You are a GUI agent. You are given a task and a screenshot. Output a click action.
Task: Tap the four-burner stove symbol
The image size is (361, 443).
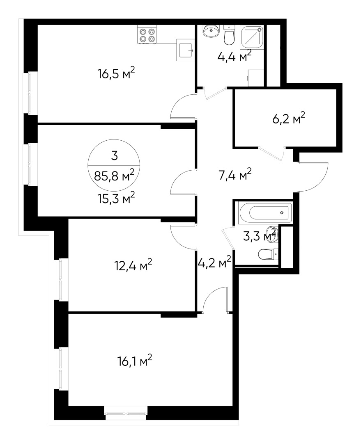click(x=147, y=35)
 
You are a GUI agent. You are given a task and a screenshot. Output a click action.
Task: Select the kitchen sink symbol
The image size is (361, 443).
click(x=186, y=50)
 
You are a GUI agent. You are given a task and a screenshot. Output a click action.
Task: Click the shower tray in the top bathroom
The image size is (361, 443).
click(x=251, y=37)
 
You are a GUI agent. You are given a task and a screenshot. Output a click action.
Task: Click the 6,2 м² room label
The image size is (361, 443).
click(x=288, y=119)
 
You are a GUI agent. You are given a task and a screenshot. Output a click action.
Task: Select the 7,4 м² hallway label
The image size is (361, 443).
click(x=234, y=175)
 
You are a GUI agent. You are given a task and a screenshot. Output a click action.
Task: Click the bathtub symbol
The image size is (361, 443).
click(x=265, y=212)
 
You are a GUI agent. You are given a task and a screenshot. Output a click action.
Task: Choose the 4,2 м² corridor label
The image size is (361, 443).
click(x=214, y=263)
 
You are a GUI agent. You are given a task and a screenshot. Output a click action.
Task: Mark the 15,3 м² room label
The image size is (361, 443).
click(x=116, y=199)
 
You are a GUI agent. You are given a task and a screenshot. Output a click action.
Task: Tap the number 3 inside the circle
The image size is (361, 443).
click(x=115, y=155)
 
